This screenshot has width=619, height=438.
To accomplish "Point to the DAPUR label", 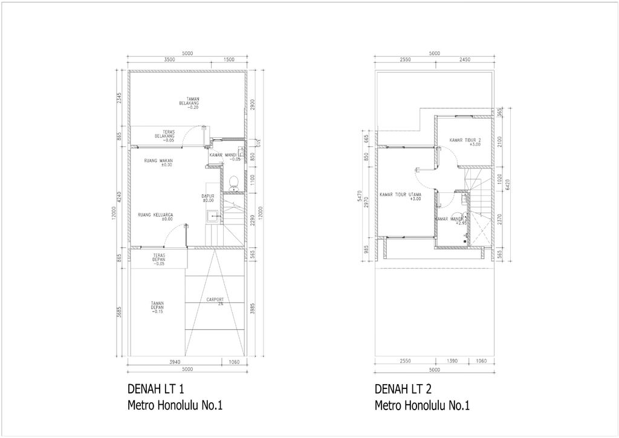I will (208, 197).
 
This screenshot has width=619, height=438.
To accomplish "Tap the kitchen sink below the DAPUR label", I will (211, 217).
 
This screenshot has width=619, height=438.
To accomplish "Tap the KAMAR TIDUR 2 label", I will (465, 142).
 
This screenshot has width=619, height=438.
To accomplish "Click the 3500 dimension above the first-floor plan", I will (169, 60).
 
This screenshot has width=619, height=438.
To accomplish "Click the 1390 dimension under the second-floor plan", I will (452, 362).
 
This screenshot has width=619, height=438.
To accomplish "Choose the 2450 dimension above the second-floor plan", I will (464, 60).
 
